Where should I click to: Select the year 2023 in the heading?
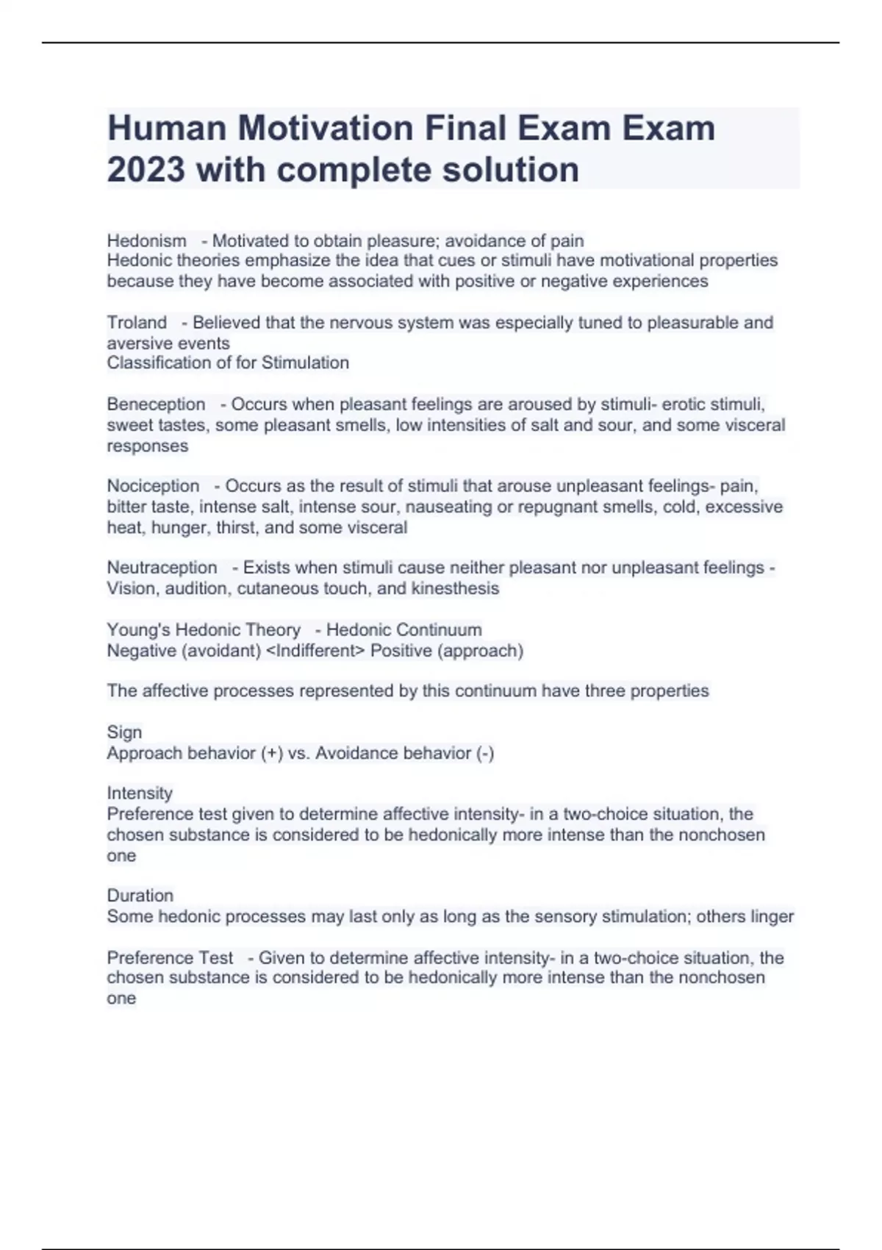pyautogui.click(x=146, y=170)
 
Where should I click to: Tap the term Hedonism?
pyautogui.click(x=146, y=240)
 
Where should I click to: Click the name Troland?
pyautogui.click(x=137, y=322)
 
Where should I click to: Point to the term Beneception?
pyautogui.click(x=156, y=404)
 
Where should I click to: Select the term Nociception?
pyautogui.click(x=153, y=485)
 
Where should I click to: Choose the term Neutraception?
pyautogui.click(x=162, y=567)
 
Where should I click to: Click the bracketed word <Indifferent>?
pyautogui.click(x=315, y=651)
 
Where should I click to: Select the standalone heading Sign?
pyautogui.click(x=124, y=732)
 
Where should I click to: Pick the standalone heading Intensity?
pyautogui.click(x=140, y=793)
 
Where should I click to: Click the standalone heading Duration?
pyautogui.click(x=140, y=895)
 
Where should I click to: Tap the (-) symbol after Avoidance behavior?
pyautogui.click(x=485, y=753)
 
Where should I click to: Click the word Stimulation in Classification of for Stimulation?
pyautogui.click(x=305, y=362)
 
